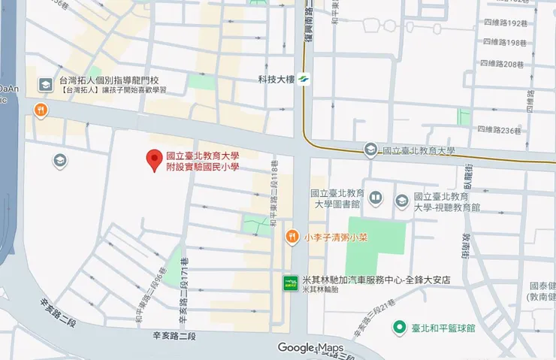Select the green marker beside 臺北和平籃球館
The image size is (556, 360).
pos(399,328)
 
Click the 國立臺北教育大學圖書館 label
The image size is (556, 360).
pos(336,198)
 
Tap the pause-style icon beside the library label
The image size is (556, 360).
pos(376,198)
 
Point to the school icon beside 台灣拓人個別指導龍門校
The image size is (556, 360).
pos(45,84)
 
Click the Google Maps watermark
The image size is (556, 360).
pos(310,347)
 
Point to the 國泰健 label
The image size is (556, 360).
pos(542,286)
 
